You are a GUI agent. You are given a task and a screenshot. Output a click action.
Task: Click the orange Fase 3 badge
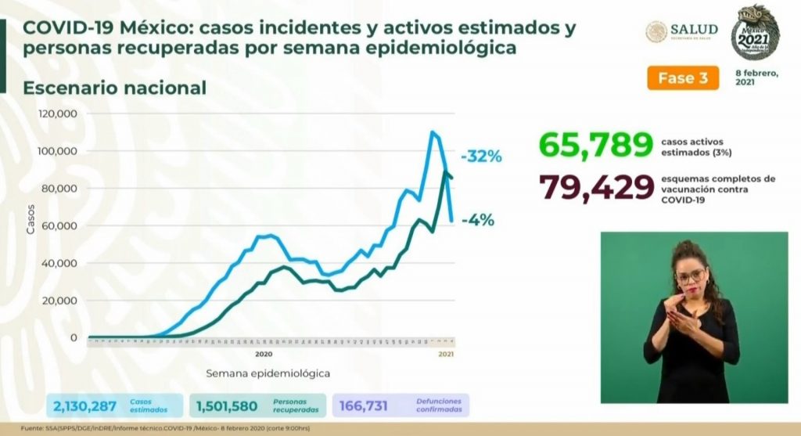click(682, 77)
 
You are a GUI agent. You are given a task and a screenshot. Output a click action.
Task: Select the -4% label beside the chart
click(477, 220)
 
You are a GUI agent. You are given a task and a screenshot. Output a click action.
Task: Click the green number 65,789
click(595, 145)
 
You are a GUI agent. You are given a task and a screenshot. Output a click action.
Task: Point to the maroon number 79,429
click(595, 188)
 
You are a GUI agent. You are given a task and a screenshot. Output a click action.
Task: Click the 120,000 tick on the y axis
click(59, 114)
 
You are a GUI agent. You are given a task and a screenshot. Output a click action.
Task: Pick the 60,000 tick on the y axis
click(61, 226)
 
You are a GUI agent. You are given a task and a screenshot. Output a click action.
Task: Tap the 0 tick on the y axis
click(74, 338)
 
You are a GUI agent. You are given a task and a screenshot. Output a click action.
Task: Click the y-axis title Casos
click(31, 225)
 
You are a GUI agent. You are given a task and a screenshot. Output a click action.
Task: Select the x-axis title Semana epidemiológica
click(268, 373)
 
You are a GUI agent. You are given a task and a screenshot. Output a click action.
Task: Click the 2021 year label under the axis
click(446, 354)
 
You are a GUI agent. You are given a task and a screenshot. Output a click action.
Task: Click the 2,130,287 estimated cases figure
click(85, 405)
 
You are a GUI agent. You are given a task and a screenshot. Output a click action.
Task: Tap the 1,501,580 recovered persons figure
click(228, 405)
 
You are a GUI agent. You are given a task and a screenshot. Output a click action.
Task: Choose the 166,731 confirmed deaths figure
click(363, 405)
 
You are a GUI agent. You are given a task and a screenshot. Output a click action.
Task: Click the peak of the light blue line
click(433, 132)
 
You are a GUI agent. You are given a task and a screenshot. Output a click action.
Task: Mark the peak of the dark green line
click(445, 171)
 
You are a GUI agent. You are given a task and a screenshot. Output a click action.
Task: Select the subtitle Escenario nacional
click(115, 87)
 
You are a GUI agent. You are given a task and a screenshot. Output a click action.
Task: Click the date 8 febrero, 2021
click(756, 77)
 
